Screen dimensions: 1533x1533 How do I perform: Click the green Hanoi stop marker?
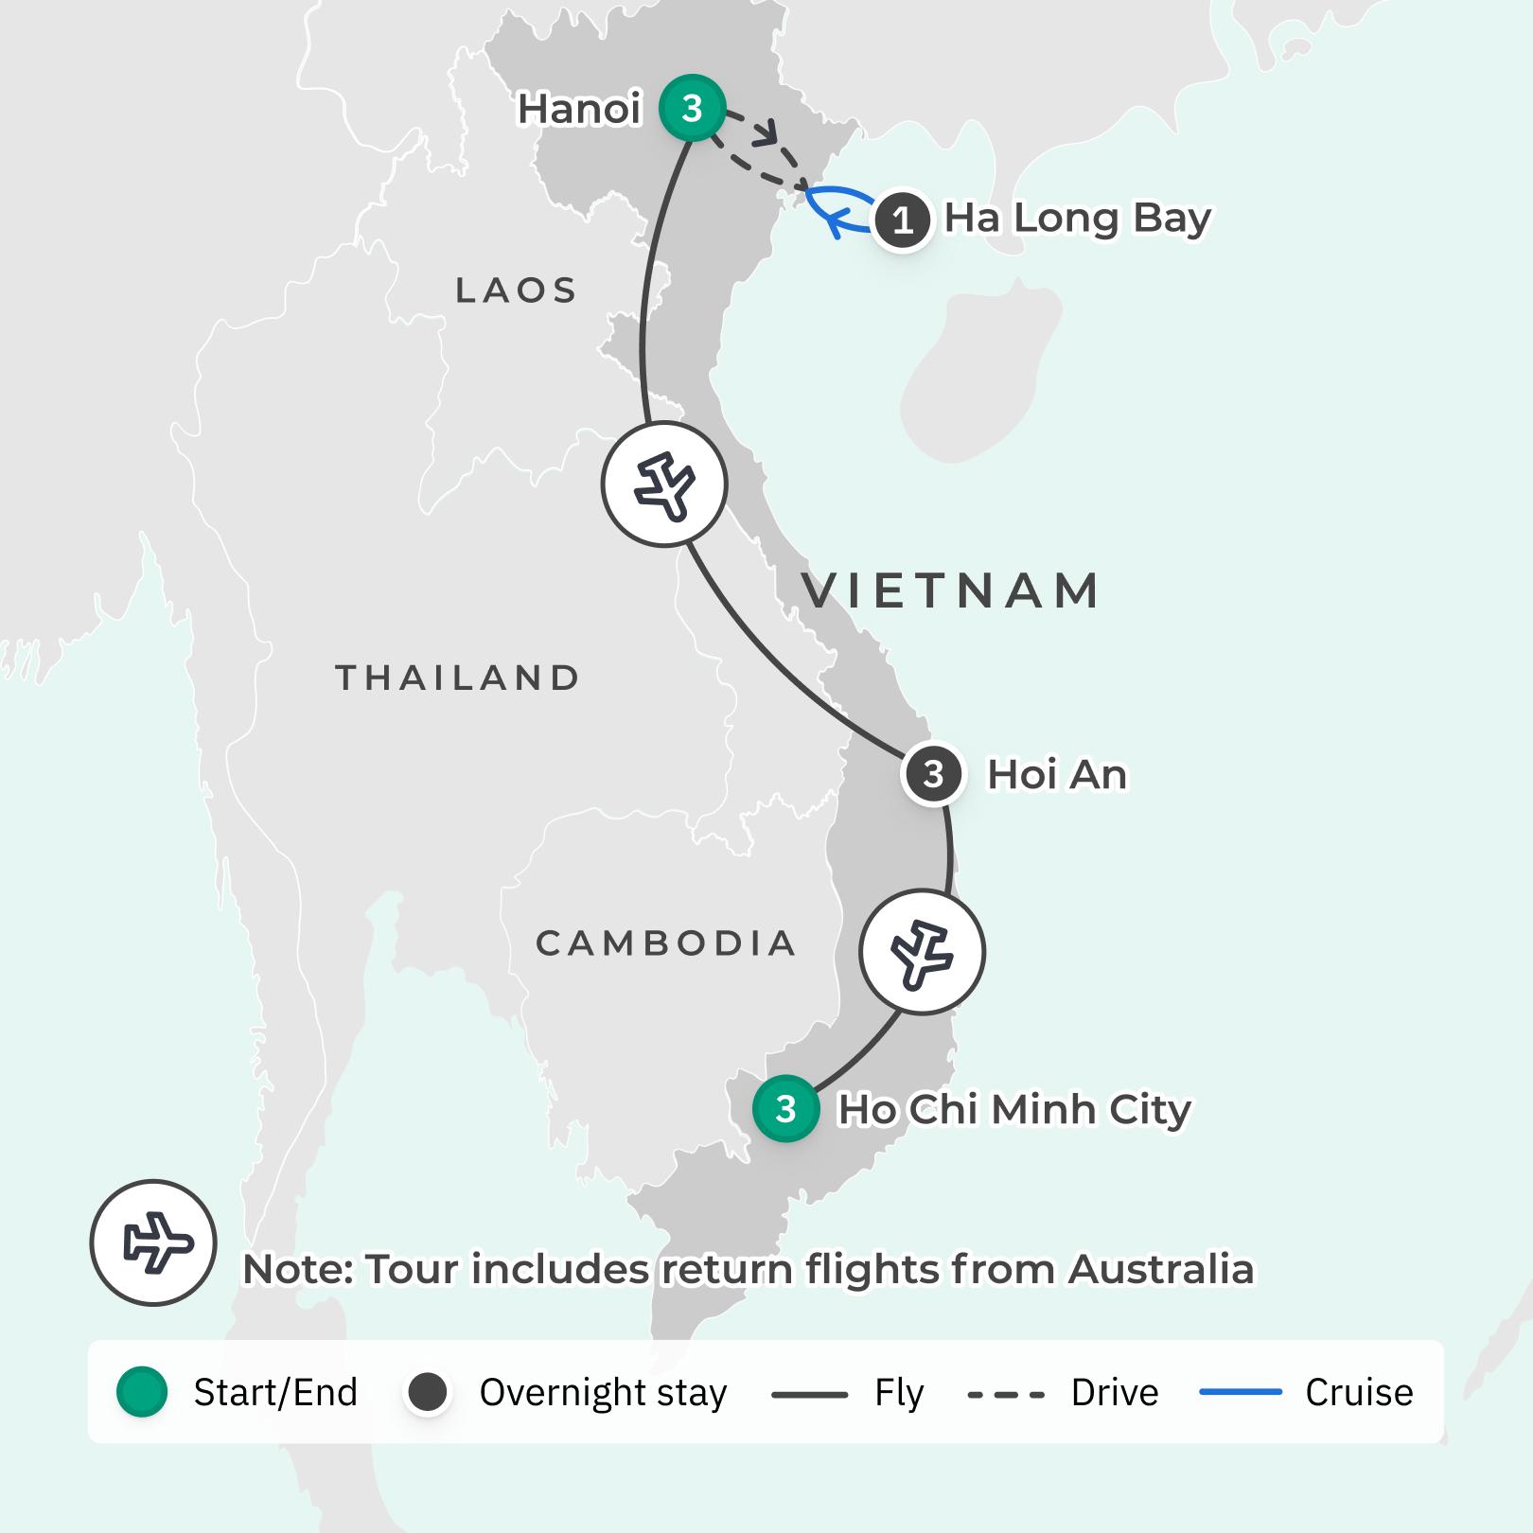click(693, 108)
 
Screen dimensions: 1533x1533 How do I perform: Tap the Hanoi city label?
click(579, 110)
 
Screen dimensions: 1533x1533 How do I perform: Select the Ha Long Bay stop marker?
click(903, 220)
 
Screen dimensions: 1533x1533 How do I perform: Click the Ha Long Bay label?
click(1077, 219)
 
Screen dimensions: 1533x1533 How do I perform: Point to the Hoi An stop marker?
click(933, 775)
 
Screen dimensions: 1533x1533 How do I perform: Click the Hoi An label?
click(1057, 775)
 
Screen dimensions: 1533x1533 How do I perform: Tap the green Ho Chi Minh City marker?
click(785, 1108)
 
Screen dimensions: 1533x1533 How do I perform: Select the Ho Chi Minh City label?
click(1014, 1109)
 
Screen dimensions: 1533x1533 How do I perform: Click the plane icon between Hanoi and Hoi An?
click(664, 485)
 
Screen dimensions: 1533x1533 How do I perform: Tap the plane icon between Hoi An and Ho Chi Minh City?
click(922, 952)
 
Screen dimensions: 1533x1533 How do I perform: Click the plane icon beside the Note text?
click(153, 1242)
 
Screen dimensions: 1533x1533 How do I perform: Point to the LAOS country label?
click(517, 291)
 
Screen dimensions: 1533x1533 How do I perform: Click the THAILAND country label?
click(458, 678)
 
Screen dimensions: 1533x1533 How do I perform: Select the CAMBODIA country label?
click(665, 943)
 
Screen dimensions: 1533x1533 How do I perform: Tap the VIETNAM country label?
click(951, 590)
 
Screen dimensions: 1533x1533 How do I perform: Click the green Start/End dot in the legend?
click(143, 1392)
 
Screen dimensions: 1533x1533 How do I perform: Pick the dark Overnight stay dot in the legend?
click(428, 1392)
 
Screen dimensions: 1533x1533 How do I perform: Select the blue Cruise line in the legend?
click(1240, 1392)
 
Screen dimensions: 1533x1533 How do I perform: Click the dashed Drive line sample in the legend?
click(1006, 1394)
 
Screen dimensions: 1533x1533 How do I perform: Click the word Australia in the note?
click(1161, 1270)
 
